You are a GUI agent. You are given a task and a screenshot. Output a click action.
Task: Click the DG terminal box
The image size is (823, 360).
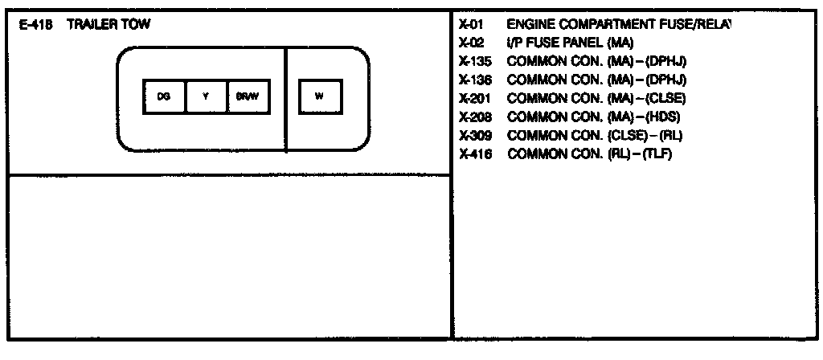point(163,96)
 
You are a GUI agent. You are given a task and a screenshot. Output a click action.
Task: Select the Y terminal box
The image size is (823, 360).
point(206,96)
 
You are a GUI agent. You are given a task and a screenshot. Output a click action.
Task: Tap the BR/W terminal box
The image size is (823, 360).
point(247,96)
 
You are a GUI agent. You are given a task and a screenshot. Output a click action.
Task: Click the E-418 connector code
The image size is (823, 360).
point(35,25)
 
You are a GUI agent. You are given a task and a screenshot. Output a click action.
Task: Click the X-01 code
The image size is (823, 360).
point(469,25)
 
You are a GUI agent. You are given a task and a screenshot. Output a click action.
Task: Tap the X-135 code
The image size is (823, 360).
point(474,61)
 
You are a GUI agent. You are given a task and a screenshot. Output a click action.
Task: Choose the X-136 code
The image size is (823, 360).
point(474,80)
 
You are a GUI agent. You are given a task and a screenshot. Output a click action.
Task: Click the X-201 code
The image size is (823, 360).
point(474,98)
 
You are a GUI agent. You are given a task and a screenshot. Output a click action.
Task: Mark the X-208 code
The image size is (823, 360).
point(474,117)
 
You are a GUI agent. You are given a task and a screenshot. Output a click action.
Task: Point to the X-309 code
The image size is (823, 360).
point(474,135)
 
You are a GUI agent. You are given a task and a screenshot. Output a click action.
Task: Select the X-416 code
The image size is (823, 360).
point(474,153)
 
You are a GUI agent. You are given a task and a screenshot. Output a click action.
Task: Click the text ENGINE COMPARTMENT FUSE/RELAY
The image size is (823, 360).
point(619,25)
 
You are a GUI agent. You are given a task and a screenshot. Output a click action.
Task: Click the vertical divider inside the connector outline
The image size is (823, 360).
point(286,99)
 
